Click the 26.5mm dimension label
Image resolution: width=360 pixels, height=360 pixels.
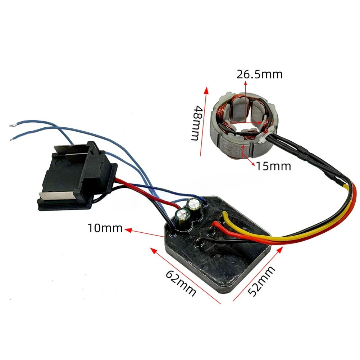point(259,74)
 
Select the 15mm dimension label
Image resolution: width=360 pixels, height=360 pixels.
point(273,166)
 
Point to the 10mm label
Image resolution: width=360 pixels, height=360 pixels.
point(105,228)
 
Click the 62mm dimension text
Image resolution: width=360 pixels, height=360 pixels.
point(181,284)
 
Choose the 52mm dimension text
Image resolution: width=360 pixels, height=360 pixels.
point(261,281)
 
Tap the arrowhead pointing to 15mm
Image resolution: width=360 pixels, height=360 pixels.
point(252,164)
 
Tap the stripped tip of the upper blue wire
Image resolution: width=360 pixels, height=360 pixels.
point(12,126)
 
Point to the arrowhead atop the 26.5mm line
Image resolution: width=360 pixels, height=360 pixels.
point(245,84)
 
